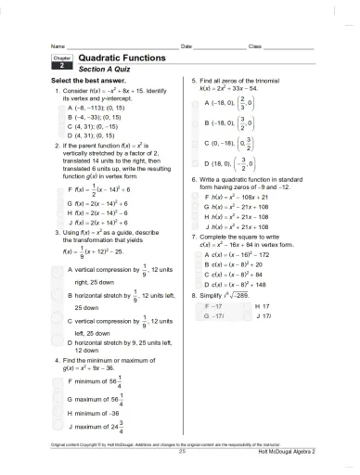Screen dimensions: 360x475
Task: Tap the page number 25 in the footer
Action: (x=183, y=451)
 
